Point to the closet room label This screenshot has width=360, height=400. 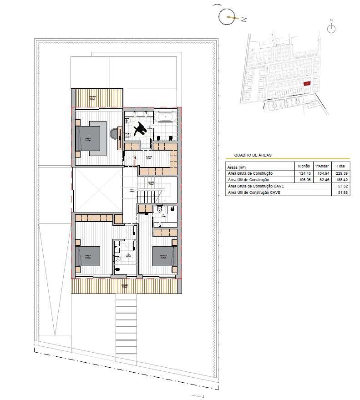coord(149,157)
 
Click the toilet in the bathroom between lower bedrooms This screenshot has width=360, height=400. coord(117,258)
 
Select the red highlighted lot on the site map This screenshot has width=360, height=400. coord(307,84)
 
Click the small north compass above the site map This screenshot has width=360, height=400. coord(332,28)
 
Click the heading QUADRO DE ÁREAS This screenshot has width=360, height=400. coord(253,155)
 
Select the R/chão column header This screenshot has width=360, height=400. coord(303,167)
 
